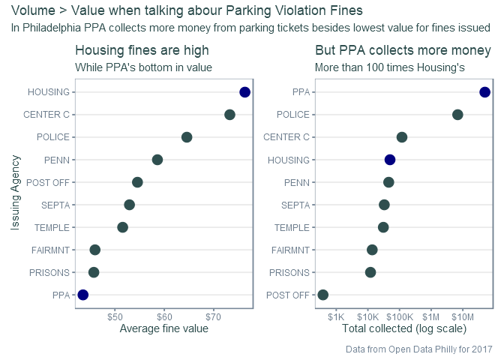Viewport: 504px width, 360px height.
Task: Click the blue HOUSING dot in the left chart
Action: (245, 92)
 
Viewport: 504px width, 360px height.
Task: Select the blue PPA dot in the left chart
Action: (83, 295)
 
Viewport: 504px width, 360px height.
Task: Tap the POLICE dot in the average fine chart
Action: (187, 137)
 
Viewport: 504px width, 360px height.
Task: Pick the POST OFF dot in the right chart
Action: (323, 295)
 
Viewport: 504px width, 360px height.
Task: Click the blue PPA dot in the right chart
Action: (484, 92)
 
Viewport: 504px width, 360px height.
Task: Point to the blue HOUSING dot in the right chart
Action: (390, 160)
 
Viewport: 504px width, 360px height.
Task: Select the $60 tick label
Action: (164, 317)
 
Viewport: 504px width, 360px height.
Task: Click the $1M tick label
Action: (430, 317)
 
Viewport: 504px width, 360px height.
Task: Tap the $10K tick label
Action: (367, 317)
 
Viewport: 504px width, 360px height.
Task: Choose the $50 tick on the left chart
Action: (115, 317)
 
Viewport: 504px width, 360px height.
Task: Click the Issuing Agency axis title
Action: (15, 193)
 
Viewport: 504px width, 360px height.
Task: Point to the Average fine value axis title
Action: (164, 328)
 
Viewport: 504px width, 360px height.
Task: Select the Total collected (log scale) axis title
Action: (404, 328)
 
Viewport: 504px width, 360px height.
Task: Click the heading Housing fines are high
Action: (142, 50)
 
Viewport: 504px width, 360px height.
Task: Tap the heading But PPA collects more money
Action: (403, 50)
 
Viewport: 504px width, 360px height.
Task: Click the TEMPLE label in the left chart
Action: (52, 227)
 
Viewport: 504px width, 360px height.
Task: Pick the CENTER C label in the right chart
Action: (286, 137)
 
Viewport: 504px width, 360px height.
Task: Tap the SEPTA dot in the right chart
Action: (384, 205)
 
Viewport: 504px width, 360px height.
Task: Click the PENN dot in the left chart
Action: (157, 160)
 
